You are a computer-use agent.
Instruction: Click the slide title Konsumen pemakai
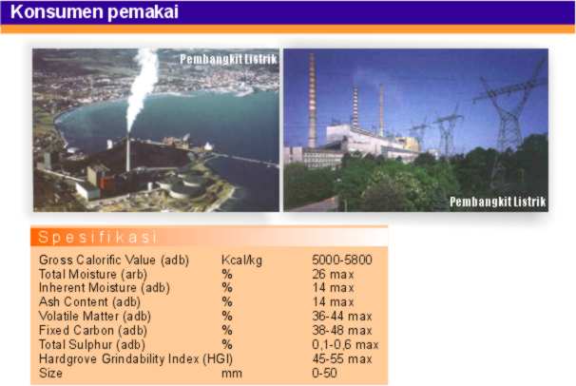point(94,11)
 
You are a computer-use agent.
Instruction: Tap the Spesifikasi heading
point(98,237)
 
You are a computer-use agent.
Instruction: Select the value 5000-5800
point(342,260)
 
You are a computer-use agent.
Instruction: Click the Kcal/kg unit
point(241,260)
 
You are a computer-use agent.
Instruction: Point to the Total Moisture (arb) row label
point(93,274)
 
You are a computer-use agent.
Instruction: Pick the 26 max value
point(334,274)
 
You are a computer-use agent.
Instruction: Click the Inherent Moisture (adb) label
point(105,287)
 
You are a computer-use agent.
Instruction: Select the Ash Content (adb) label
point(89,302)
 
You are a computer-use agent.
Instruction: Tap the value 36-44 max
point(342,316)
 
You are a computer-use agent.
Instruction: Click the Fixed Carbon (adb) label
point(93,330)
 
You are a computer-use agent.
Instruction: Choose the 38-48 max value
point(342,330)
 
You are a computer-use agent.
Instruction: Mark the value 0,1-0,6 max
point(345,344)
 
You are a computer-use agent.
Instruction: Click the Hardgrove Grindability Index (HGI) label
point(136,358)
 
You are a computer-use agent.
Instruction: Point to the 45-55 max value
point(342,358)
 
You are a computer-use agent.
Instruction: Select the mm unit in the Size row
point(231,374)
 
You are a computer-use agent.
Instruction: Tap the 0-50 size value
point(324,373)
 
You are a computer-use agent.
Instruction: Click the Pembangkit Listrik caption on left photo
point(228,59)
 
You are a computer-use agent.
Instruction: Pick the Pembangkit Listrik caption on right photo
point(498,202)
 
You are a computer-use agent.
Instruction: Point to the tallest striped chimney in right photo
point(313,100)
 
